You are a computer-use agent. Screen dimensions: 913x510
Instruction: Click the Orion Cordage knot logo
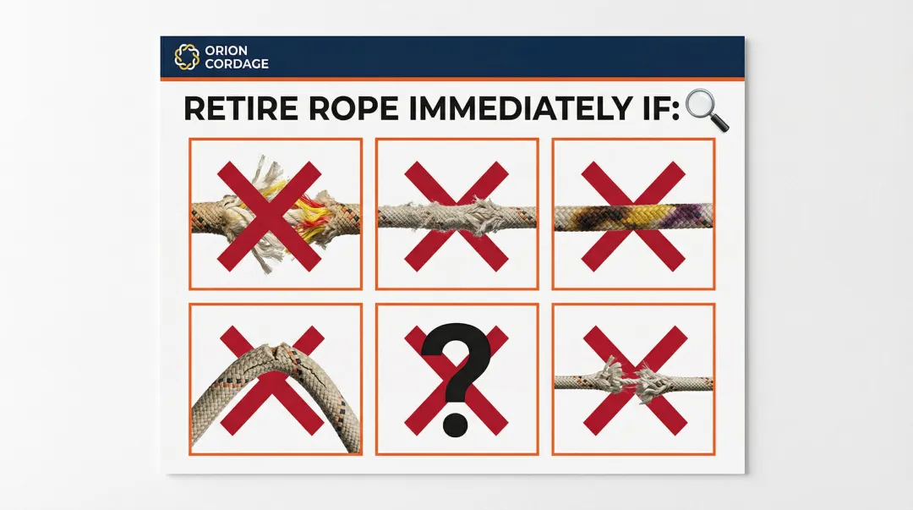186,58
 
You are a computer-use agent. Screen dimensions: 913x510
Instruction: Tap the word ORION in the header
226,51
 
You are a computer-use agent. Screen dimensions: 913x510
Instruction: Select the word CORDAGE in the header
237,63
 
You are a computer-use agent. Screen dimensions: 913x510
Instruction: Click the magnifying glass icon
707,110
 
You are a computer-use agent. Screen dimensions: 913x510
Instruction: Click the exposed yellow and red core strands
309,213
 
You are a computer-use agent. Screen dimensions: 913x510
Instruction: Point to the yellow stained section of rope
643,216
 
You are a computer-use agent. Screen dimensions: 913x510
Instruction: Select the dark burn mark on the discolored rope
589,217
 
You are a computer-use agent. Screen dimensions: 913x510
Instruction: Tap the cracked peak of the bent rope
280,352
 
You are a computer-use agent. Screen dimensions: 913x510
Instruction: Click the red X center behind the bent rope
272,381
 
